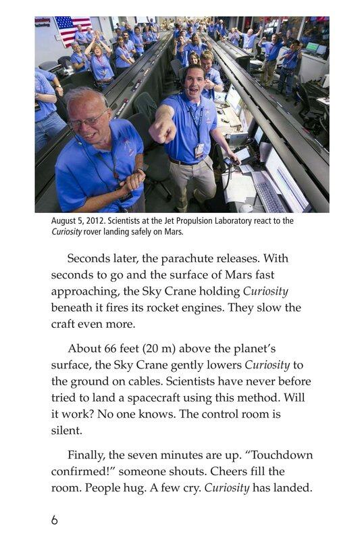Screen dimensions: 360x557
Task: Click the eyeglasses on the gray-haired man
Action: point(88,122)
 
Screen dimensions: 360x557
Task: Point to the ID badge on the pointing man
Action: point(199,149)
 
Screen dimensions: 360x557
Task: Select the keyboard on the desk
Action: point(269,196)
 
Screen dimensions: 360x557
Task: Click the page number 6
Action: point(55,520)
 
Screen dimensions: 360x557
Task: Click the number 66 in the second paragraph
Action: point(109,348)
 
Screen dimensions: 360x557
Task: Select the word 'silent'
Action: point(66,429)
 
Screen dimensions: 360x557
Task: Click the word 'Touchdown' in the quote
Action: point(283,455)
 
